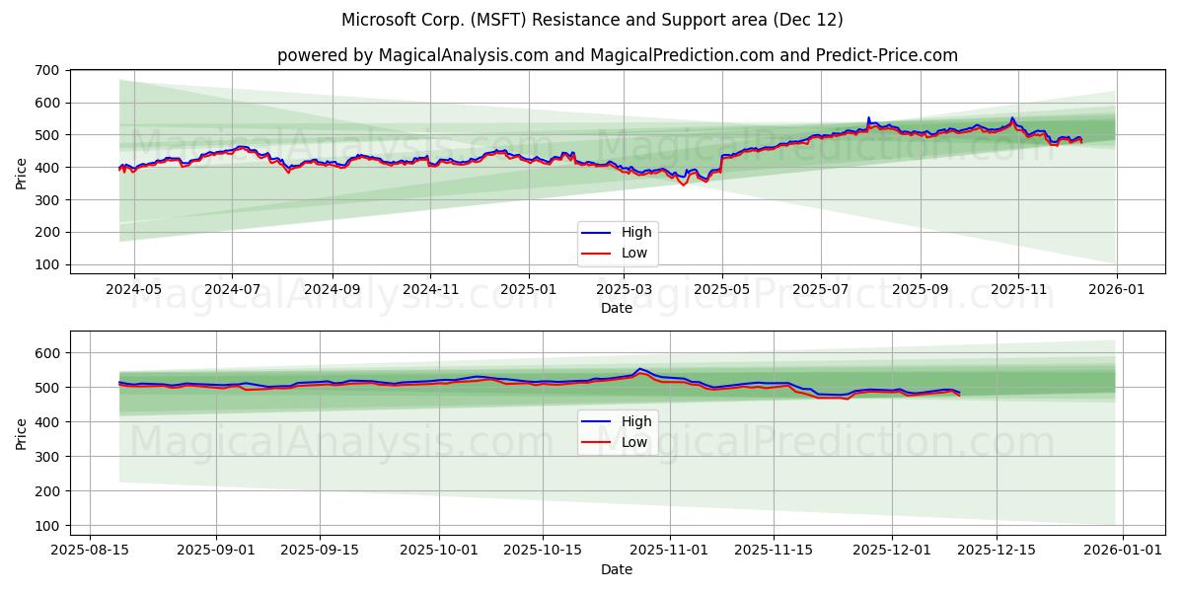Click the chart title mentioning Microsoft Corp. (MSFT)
[x=592, y=20]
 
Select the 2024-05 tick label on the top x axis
[x=132, y=290]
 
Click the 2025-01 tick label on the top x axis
[x=529, y=290]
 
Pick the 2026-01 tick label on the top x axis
[x=1116, y=290]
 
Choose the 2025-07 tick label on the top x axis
[x=821, y=290]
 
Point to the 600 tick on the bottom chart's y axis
[x=48, y=353]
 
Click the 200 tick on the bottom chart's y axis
[x=48, y=491]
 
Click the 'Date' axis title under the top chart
[x=617, y=308]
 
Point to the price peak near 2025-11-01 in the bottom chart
[x=639, y=369]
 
